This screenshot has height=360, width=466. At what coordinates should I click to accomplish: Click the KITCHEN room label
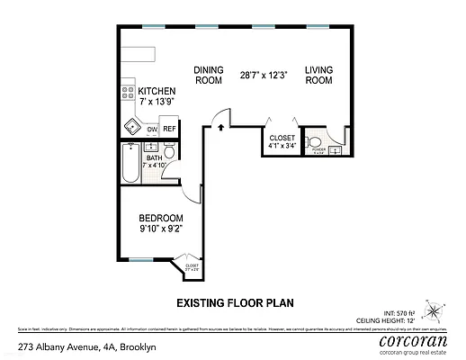click(157, 92)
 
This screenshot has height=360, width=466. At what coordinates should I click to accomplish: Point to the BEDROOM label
click(161, 219)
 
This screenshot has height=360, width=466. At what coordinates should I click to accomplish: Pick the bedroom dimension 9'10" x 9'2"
click(161, 230)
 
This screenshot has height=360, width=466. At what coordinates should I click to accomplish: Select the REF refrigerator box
click(169, 130)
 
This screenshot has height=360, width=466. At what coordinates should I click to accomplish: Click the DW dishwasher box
click(152, 130)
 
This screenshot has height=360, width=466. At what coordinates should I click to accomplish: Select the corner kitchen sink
click(131, 126)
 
